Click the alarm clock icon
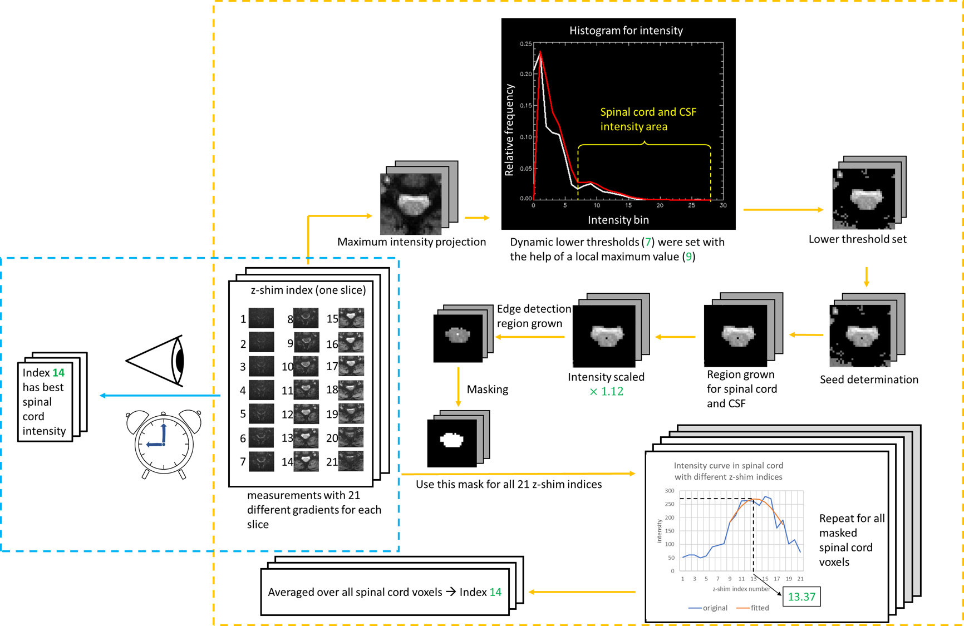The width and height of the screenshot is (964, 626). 164,444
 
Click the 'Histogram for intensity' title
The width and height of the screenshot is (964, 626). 626,31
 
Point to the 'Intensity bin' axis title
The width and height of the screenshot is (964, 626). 618,220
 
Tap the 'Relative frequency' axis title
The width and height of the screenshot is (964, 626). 509,130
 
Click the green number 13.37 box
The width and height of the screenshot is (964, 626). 801,597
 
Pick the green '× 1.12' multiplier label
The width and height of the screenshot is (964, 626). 607,391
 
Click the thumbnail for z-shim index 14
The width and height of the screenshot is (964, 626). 306,461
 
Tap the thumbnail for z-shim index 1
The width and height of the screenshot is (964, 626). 261,318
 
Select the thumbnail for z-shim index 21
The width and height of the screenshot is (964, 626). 351,461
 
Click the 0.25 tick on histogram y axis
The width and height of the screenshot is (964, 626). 525,44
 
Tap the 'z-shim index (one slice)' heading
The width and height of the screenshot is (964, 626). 308,290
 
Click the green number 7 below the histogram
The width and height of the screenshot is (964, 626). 648,242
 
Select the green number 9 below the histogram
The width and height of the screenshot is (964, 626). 688,257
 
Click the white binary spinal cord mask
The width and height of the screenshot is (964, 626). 451,440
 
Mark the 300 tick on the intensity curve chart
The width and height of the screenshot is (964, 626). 669,491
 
